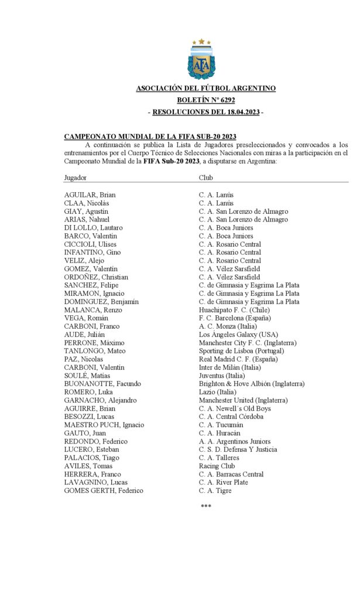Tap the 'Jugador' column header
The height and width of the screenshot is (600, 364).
pos(75,176)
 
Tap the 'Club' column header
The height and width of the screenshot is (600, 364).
pos(205,176)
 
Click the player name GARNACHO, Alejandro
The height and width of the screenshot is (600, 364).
pos(100,400)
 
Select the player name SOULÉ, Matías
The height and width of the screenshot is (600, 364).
pos(87,376)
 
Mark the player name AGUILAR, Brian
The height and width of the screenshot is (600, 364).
pos(90,195)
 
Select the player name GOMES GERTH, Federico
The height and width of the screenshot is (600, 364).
pos(104,490)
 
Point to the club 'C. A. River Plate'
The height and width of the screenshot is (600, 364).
pos(224,482)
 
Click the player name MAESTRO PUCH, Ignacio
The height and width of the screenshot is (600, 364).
pos(104,425)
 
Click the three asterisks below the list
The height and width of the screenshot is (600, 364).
pos(205,506)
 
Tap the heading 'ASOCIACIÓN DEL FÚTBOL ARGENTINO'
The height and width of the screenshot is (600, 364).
pos(205,88)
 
